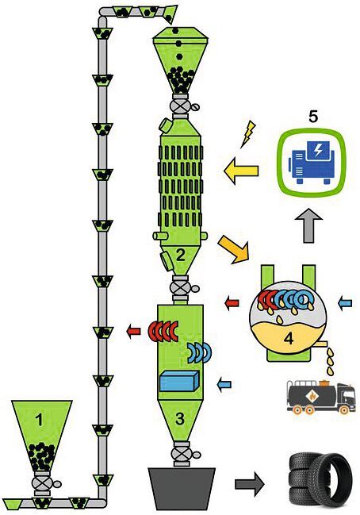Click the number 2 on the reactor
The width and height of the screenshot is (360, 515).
pos(180,255)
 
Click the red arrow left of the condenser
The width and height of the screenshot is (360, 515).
pos(232,302)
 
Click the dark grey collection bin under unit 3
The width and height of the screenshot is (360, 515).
pos(182,486)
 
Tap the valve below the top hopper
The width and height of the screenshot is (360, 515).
pos(182,106)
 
